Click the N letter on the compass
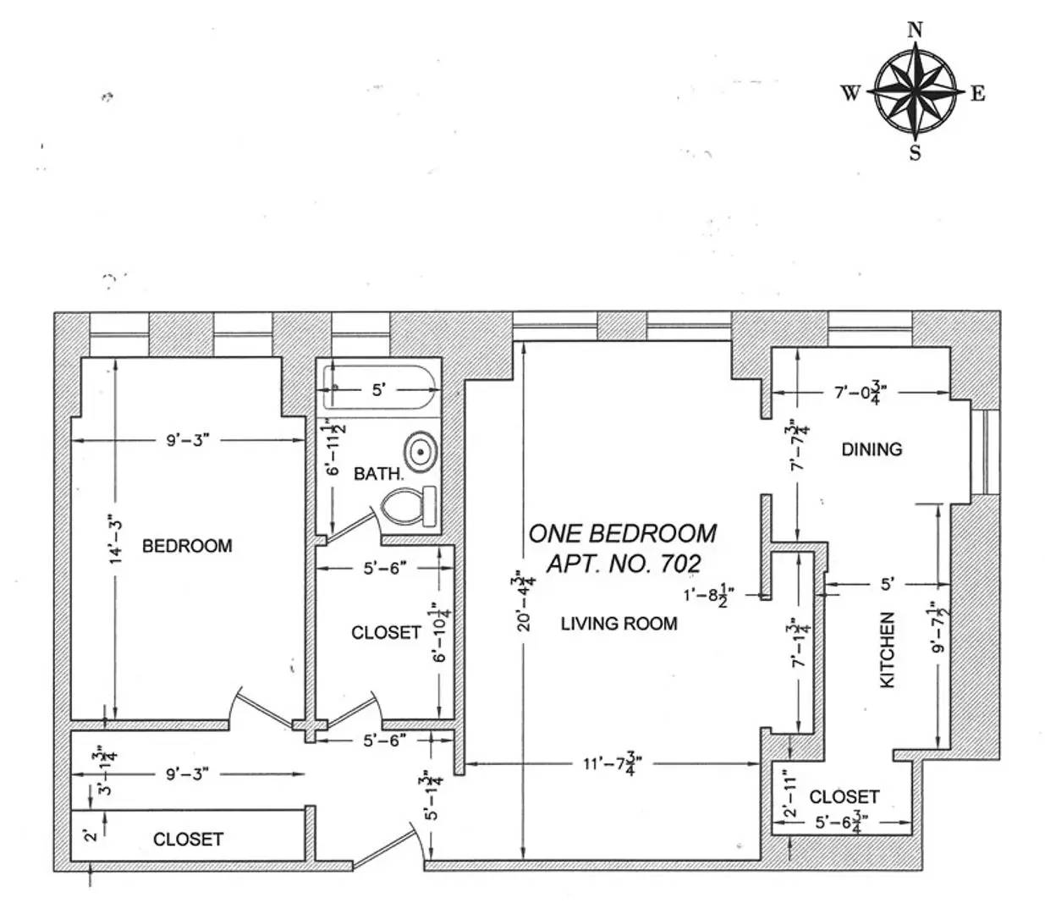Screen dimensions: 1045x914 click(914, 30)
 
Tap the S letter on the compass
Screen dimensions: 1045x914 click(915, 152)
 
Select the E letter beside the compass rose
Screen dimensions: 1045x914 click(977, 93)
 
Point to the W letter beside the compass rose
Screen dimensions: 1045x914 click(851, 93)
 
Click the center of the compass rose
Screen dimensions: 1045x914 click(915, 92)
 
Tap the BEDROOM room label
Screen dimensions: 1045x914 click(187, 546)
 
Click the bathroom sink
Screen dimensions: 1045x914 click(421, 451)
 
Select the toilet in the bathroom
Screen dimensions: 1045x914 click(409, 507)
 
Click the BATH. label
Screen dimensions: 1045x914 click(378, 474)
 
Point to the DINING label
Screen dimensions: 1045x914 click(872, 449)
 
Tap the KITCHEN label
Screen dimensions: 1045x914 click(888, 650)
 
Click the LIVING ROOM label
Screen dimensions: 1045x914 click(619, 624)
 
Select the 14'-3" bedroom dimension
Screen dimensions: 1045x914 click(116, 542)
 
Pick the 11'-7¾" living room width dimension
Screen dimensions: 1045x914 click(613, 764)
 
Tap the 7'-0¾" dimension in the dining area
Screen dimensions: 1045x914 click(860, 393)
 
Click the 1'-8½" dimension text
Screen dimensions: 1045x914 click(709, 595)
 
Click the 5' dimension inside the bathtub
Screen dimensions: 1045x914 click(378, 390)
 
